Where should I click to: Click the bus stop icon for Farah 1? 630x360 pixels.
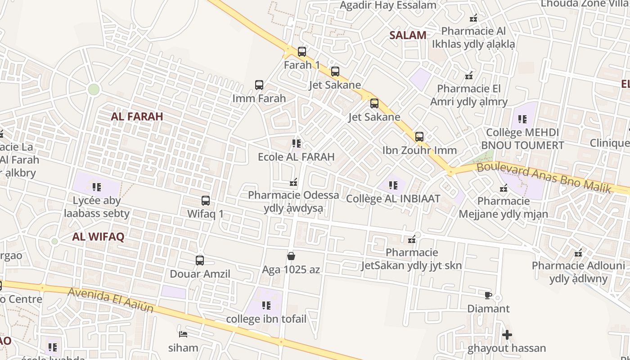pos(302,52)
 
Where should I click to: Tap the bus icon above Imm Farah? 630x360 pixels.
pos(259,85)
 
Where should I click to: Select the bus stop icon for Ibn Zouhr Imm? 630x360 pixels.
pos(419,137)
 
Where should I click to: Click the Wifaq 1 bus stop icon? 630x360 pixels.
pos(206,201)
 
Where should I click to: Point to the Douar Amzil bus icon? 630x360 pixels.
pos(200,261)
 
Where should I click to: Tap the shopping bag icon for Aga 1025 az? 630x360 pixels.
pos(291,256)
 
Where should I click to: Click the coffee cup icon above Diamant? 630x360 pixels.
pos(488,295)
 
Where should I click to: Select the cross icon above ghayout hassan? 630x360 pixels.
pos(507,335)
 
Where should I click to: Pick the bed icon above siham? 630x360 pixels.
pos(183,334)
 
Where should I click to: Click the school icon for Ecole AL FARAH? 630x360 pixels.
pos(296,144)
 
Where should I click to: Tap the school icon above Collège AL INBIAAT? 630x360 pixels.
pos(393,185)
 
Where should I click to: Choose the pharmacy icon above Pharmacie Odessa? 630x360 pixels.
pos(294,182)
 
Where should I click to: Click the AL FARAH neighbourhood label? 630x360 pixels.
pos(137,117)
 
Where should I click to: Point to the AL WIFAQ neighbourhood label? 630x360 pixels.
pos(98,237)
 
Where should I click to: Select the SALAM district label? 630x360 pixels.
pos(408,36)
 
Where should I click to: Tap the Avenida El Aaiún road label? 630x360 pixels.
pos(111,300)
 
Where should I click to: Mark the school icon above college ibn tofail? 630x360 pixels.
pos(266,306)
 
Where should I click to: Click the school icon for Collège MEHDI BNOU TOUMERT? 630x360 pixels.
pos(522,119)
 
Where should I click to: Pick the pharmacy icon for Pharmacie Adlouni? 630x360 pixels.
pos(579,253)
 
